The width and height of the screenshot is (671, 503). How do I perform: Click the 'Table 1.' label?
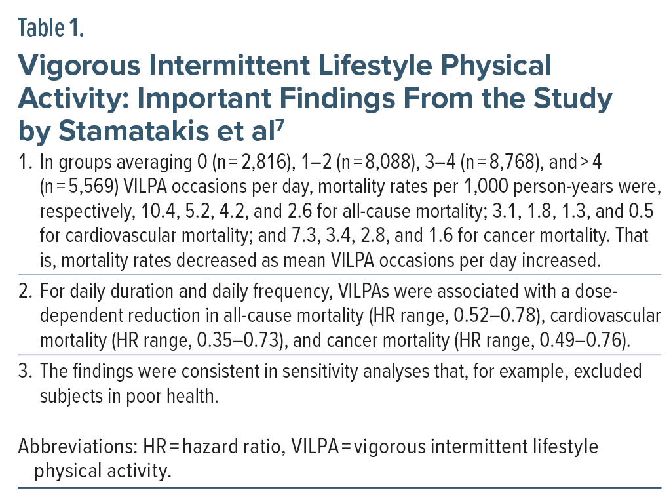point(51,30)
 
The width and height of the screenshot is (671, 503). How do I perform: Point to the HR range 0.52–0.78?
point(472,315)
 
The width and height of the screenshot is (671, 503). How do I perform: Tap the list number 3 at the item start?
point(25,371)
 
